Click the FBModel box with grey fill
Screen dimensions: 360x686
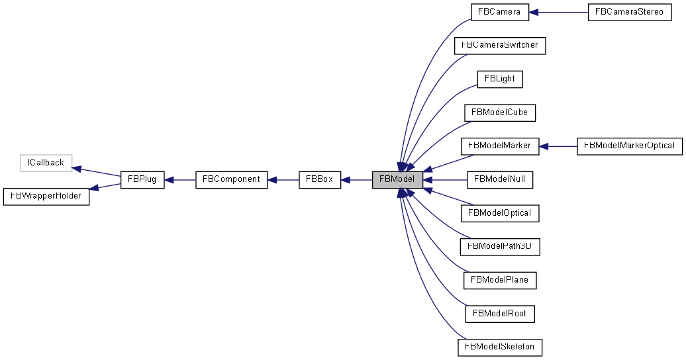pos(397,179)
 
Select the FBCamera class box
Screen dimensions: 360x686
pos(500,13)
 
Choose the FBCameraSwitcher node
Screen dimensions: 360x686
pos(500,46)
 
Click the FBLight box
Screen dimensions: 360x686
pos(500,79)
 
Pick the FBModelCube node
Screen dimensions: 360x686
pos(500,112)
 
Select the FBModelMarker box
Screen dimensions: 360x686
pos(500,146)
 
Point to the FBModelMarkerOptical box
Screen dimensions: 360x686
pos(629,146)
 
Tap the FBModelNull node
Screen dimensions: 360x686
pos(500,179)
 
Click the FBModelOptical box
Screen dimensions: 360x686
pos(500,213)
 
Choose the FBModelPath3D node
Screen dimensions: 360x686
pos(500,246)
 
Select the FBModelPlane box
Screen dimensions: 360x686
pos(500,280)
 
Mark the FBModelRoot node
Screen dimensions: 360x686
pos(500,313)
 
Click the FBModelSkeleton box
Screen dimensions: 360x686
pos(500,347)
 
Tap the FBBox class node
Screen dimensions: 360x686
pos(320,179)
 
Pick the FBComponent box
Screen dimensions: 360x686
pos(232,179)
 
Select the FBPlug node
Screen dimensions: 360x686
pos(142,179)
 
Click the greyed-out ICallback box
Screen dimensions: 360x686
pos(46,163)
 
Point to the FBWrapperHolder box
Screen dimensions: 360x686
pos(46,196)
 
